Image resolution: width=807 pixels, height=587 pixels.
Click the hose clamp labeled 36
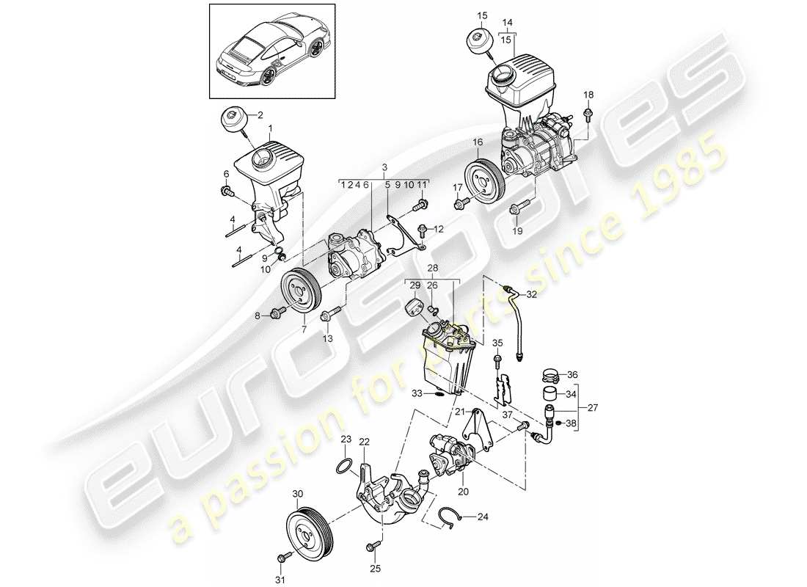[552, 377]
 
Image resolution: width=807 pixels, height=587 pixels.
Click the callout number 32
[531, 296]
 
